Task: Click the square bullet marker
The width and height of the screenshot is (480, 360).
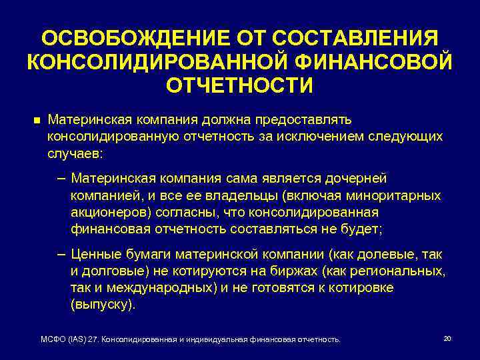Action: (36, 121)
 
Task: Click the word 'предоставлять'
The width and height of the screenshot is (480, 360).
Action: (303, 120)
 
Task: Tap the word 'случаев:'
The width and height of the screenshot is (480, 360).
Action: (75, 153)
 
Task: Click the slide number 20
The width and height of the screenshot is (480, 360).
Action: (447, 339)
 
